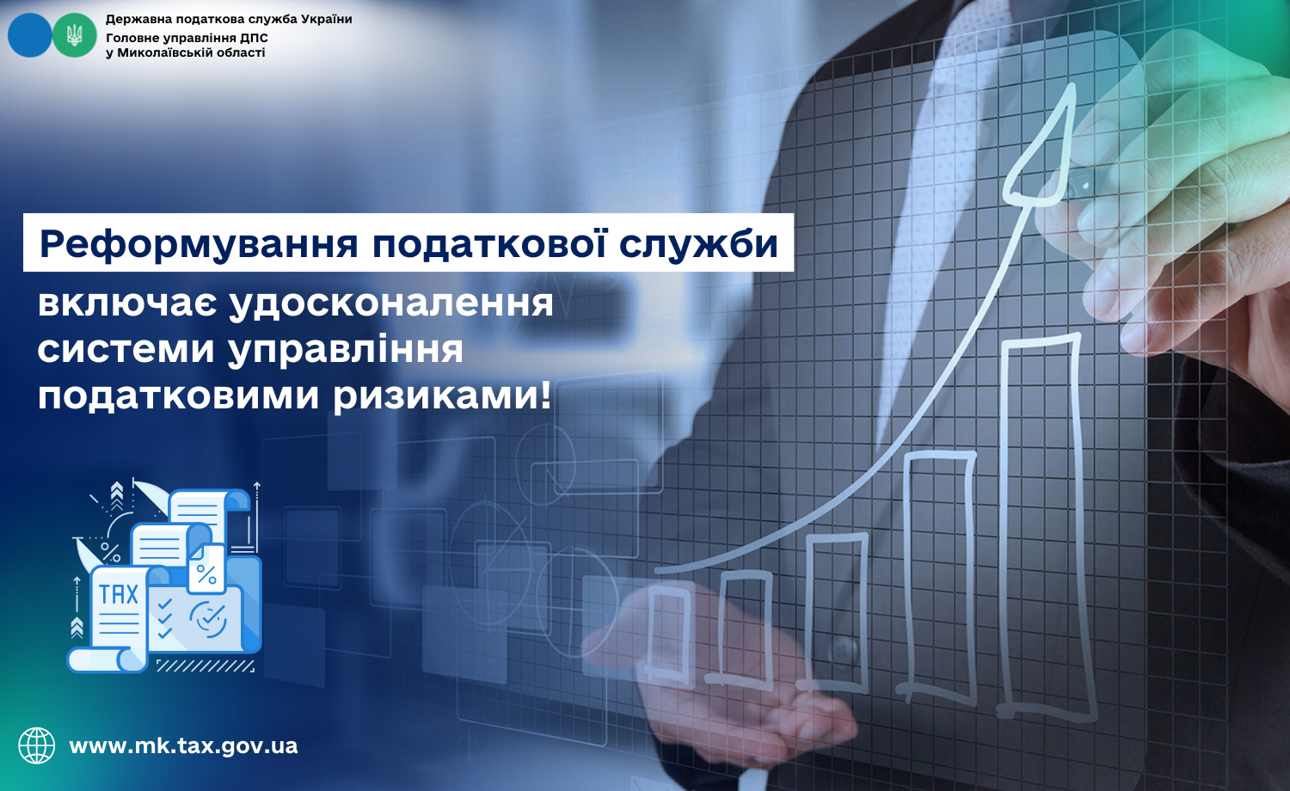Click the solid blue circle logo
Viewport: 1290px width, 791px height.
(x=29, y=35)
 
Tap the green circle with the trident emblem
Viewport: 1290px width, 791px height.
(x=74, y=35)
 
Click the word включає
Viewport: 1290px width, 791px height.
(x=127, y=304)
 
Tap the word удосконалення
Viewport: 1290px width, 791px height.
(x=391, y=305)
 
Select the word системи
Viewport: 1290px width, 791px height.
(x=126, y=350)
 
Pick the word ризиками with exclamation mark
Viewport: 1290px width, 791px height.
(x=442, y=397)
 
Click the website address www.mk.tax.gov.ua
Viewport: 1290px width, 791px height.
(x=183, y=746)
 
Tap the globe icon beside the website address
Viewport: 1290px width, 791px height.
(x=37, y=745)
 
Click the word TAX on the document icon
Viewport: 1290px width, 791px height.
(x=119, y=594)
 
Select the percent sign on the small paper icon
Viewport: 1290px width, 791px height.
(x=206, y=574)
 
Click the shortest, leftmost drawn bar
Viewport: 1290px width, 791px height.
(x=668, y=634)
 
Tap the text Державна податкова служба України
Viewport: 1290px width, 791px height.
(x=229, y=19)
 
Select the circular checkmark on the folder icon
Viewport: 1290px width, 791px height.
(x=208, y=619)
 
